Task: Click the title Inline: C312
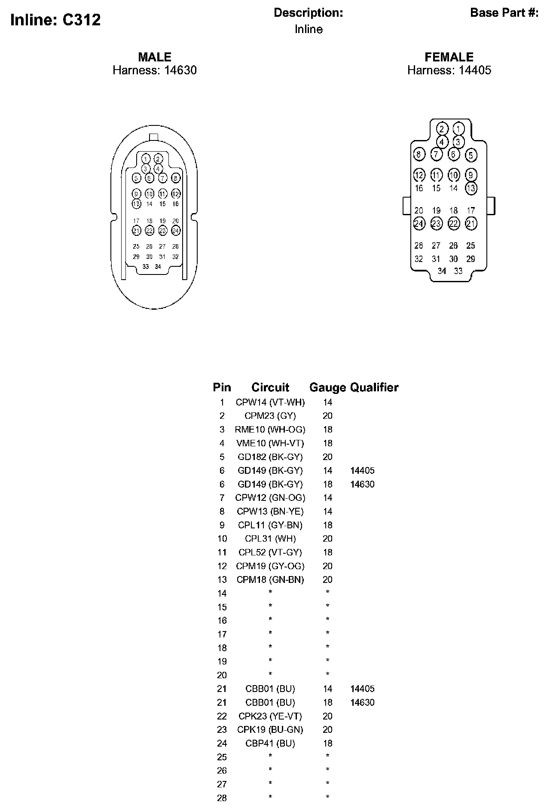[x=55, y=20]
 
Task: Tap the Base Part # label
[x=504, y=13]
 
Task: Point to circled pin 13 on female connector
[x=471, y=188]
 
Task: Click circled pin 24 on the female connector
[x=419, y=223]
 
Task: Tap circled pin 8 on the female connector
[x=419, y=154]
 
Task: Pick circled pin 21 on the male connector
[x=136, y=231]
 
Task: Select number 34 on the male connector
[x=158, y=267]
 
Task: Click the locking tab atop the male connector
[x=154, y=137]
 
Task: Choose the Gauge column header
[x=327, y=387]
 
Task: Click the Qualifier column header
[x=374, y=387]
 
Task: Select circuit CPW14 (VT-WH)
[x=270, y=402]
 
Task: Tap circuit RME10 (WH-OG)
[x=270, y=430]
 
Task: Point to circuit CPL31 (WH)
[x=270, y=539]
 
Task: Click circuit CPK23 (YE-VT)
[x=270, y=716]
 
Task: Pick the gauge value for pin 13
[x=327, y=579]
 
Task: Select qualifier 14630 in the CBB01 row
[x=362, y=702]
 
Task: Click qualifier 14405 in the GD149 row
[x=362, y=470]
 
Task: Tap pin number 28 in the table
[x=222, y=798]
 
